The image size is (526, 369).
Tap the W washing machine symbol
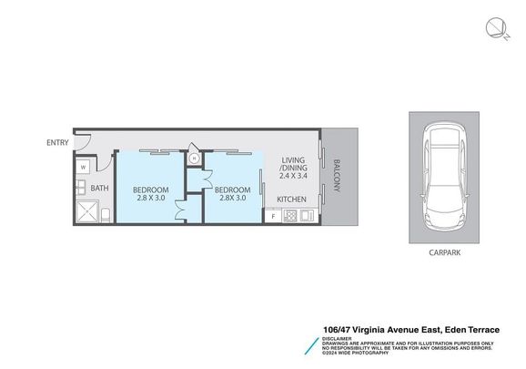tap(82, 168)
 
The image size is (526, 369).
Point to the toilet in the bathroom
tap(106, 214)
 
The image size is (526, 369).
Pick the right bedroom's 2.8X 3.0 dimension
tap(231, 199)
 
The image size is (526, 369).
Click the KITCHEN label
tap(291, 200)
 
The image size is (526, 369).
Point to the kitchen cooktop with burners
tap(291, 217)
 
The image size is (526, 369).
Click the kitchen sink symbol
tap(308, 217)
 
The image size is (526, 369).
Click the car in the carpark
tap(445, 177)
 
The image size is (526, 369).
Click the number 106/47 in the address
tap(341, 331)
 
